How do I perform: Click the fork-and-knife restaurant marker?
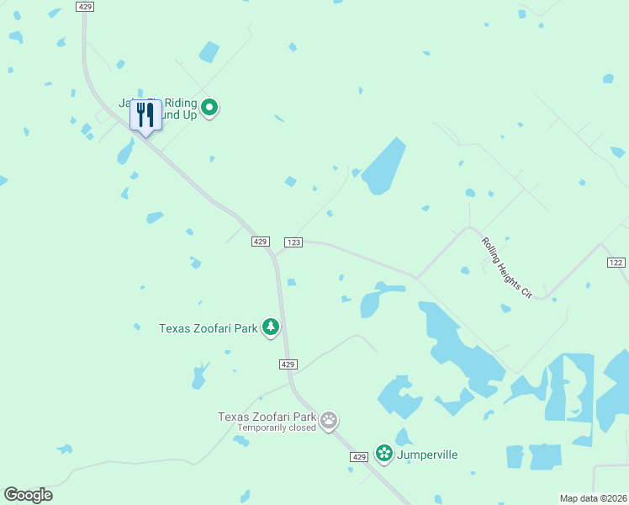(145, 115)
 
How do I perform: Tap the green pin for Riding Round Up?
(210, 107)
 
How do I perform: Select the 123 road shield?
(293, 242)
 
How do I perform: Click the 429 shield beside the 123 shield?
(260, 242)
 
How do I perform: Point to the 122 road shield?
(616, 263)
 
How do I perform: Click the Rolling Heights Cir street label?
(507, 268)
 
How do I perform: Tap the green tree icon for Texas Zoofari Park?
(270, 327)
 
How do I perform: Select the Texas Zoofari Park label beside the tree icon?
(208, 328)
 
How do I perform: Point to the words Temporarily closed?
(276, 428)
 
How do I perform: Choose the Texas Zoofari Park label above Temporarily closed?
(267, 417)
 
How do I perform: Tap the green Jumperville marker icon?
(384, 454)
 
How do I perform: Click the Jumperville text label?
(428, 454)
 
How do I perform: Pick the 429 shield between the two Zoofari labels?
(288, 364)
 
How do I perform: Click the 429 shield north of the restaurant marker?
(84, 6)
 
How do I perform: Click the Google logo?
(28, 495)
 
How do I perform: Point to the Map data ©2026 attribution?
(592, 498)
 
